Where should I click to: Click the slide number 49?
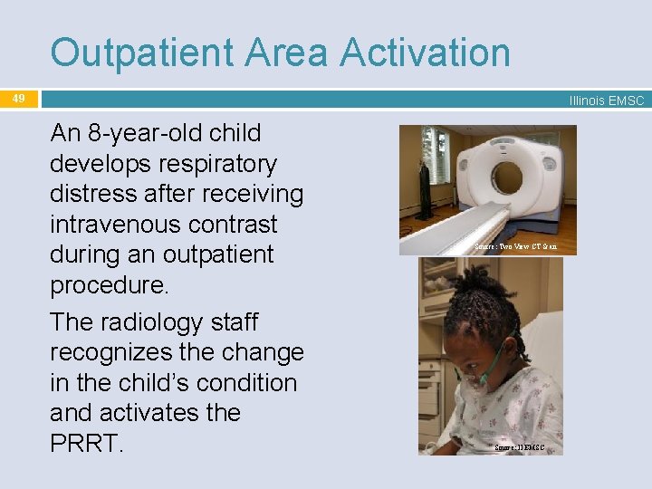point(19,98)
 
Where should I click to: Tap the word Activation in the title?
point(426,53)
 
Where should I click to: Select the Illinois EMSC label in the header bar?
point(606,101)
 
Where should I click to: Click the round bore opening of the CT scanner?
point(506,177)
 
